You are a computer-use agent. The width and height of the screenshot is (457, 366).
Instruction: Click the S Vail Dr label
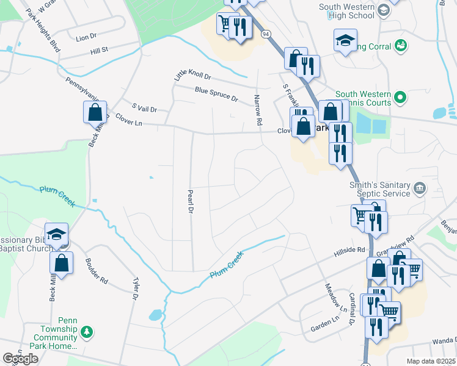pyautogui.click(x=140, y=108)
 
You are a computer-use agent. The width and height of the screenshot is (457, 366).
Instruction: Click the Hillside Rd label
pyautogui.click(x=349, y=251)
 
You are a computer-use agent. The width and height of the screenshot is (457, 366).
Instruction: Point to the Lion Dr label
pyautogui.click(x=87, y=37)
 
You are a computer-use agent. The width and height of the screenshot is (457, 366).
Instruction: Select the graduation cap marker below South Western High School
pyautogui.click(x=345, y=40)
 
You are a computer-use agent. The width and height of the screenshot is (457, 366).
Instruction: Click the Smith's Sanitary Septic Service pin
pyautogui.click(x=419, y=187)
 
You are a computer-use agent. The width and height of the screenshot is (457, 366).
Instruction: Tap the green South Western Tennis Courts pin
pyautogui.click(x=400, y=97)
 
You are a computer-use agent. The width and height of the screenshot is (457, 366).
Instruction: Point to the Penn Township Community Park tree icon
pyautogui.click(x=87, y=331)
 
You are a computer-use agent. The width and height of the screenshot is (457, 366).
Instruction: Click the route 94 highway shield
pyautogui.click(x=265, y=35)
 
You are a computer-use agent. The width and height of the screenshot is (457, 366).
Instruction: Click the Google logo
pyautogui.click(x=20, y=359)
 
